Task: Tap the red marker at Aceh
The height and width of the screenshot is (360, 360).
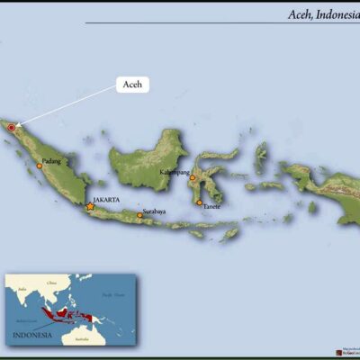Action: [x=12, y=128]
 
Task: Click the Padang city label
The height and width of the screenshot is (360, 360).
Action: [x=51, y=161]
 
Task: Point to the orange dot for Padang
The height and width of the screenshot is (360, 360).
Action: [x=40, y=166]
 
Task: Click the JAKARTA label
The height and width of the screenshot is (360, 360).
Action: [x=106, y=200]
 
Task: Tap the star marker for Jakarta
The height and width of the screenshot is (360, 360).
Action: [x=90, y=207]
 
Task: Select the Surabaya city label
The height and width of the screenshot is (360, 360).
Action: [x=154, y=212]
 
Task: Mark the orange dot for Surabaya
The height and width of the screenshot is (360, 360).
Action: [x=140, y=216]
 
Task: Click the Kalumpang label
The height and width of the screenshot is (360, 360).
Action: [x=199, y=171]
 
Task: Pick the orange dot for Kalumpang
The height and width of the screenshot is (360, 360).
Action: [x=192, y=178]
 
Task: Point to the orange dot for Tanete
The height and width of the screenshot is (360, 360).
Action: [x=200, y=202]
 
